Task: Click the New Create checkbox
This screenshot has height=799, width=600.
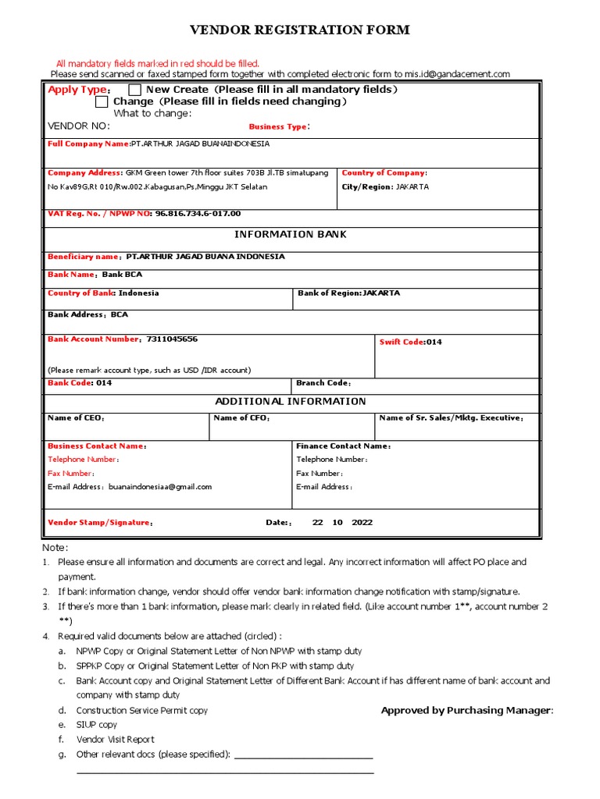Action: (135, 90)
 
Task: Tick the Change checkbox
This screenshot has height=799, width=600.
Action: (102, 101)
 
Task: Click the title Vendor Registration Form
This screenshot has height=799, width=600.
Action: (300, 30)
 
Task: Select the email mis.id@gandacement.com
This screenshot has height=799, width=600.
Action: (457, 74)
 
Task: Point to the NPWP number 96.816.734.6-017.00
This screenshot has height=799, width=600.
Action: (198, 213)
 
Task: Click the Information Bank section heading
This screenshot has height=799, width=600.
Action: (291, 234)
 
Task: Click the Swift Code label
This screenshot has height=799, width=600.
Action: (402, 342)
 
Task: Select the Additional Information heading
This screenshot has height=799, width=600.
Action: (291, 401)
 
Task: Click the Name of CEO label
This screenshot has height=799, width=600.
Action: (76, 418)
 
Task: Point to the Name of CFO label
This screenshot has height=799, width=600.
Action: (241, 418)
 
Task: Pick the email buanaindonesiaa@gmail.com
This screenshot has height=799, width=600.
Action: (160, 487)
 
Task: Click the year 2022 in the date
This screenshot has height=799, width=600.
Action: (362, 523)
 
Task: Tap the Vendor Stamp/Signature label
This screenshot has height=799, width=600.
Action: (100, 523)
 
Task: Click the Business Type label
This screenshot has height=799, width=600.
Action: (279, 126)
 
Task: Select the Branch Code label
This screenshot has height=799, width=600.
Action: (323, 383)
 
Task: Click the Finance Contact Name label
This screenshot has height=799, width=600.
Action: (343, 446)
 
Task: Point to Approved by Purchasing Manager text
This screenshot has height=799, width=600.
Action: (466, 710)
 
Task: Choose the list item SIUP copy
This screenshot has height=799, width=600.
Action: (97, 725)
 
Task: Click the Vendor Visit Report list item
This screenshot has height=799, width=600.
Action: (115, 740)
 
